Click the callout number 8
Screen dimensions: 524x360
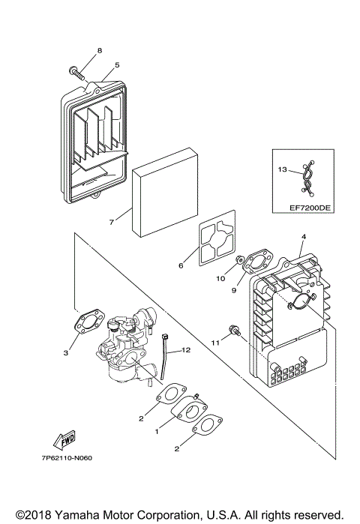pyautogui.click(x=99, y=51)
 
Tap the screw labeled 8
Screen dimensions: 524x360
pyautogui.click(x=76, y=72)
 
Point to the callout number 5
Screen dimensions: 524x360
pyautogui.click(x=117, y=65)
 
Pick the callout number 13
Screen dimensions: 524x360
pyautogui.click(x=282, y=170)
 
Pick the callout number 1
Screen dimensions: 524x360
pyautogui.click(x=157, y=433)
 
